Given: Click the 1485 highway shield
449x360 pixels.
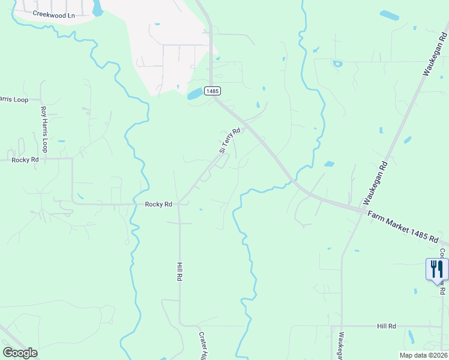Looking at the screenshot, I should pos(212,91).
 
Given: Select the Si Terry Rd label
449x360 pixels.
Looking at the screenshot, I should pos(229,140).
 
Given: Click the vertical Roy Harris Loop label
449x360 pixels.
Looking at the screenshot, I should pos(43,129).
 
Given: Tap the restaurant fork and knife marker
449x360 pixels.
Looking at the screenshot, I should pos(437,269).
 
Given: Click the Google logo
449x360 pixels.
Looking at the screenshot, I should pos(20,353).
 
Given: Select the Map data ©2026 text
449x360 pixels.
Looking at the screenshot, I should pos(423,355).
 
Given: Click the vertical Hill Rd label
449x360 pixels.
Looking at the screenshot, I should pos(179,272).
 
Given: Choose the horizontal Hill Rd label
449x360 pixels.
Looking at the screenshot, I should pos(387,326).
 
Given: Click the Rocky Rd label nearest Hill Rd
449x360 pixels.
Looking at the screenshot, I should pos(158,204).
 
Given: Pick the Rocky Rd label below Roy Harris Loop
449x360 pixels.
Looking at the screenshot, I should pos(25,160).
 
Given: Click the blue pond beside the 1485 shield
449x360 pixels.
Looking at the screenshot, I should pos(195,94).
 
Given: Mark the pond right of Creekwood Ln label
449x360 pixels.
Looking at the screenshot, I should pos(98,8).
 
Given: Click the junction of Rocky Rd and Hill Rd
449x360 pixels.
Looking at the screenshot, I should pos(179,204).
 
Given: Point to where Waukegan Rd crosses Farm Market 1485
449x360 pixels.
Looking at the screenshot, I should pos(362,211).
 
